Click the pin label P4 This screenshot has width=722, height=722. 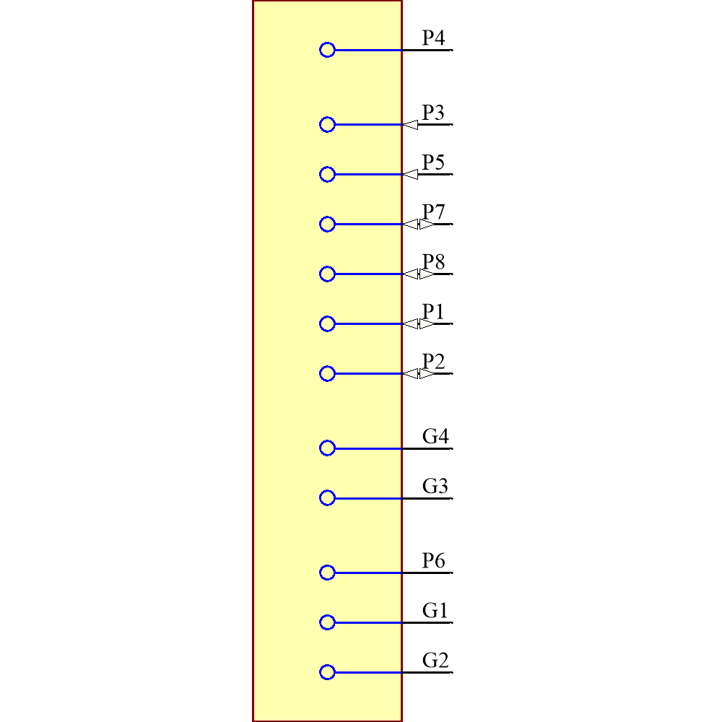click(433, 38)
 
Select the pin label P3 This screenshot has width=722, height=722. click(433, 113)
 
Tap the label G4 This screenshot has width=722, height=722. click(435, 436)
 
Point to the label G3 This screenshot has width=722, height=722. click(435, 486)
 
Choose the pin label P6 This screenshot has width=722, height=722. click(433, 560)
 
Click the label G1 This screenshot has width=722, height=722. click(435, 610)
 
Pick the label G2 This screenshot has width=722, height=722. click(435, 660)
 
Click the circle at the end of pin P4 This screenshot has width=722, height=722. click(327, 50)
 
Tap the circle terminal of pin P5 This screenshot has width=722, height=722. click(327, 174)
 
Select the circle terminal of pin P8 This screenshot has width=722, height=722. click(327, 274)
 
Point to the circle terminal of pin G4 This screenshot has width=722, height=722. click(327, 448)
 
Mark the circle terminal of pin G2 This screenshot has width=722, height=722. click(327, 672)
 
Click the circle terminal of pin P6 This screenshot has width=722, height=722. click(327, 573)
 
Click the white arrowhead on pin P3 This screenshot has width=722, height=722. click(411, 125)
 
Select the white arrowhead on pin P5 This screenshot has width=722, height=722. click(411, 175)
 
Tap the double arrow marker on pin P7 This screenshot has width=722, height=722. click(419, 225)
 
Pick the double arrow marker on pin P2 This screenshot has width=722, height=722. click(419, 374)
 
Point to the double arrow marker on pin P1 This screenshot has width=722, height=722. click(419, 324)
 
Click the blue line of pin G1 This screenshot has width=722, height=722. click(368, 622)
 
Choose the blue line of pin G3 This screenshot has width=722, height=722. click(368, 498)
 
